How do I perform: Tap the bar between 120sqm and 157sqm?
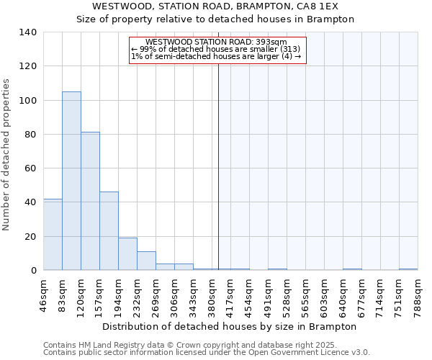(90, 201)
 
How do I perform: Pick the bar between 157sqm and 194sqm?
(109, 230)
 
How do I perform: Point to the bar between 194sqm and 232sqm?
(127, 253)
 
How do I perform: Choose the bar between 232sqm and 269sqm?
(146, 261)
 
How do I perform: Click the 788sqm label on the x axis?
(418, 293)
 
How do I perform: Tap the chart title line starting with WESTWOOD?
(215, 6)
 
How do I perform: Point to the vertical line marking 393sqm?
(218, 166)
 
